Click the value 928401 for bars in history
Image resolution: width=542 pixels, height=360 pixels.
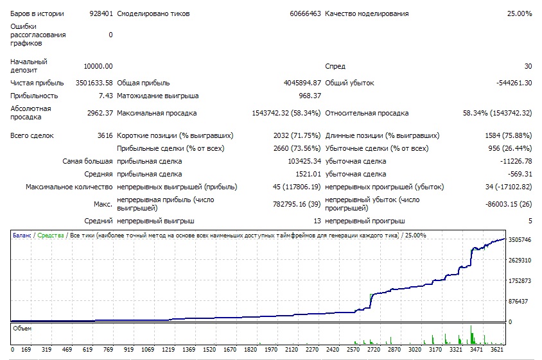click(101, 14)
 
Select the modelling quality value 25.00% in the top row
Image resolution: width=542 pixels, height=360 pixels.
click(520, 14)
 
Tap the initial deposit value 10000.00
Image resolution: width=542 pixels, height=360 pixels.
click(98, 66)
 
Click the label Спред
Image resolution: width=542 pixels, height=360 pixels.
click(335, 66)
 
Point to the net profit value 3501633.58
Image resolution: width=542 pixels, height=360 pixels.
click(94, 83)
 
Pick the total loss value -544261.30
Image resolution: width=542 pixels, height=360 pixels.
click(514, 83)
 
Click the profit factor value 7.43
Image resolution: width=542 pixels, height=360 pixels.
click(106, 96)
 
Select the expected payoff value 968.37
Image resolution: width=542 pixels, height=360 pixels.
click(310, 96)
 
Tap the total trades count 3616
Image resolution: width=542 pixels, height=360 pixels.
click(105, 135)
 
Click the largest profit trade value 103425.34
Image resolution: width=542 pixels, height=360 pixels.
click(304, 161)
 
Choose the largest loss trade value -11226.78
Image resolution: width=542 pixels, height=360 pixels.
click(516, 161)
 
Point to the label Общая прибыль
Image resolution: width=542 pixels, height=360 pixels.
click(143, 83)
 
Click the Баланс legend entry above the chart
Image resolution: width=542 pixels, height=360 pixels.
click(22, 236)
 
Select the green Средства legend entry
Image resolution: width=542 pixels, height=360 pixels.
click(51, 236)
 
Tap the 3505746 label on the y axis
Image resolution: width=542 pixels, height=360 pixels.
click(520, 240)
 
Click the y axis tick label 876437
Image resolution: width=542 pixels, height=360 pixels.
click(518, 301)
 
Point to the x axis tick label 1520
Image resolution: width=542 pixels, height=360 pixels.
click(209, 349)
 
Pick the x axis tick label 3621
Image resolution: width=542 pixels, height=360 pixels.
click(496, 349)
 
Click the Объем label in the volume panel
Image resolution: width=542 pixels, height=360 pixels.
click(22, 328)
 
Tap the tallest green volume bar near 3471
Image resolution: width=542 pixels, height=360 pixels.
click(471, 334)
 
